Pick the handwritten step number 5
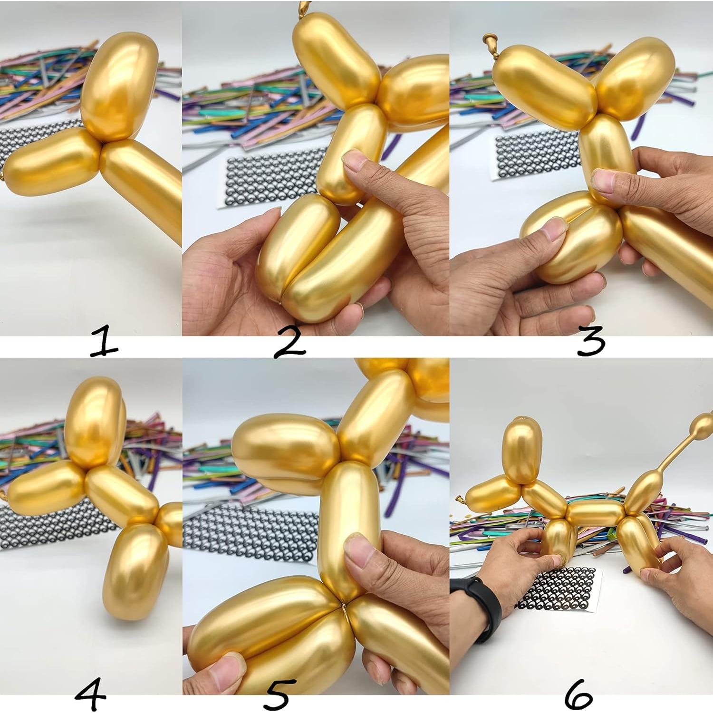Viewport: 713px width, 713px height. coord(276,695)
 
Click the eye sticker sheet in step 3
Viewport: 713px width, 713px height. coord(537,157)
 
